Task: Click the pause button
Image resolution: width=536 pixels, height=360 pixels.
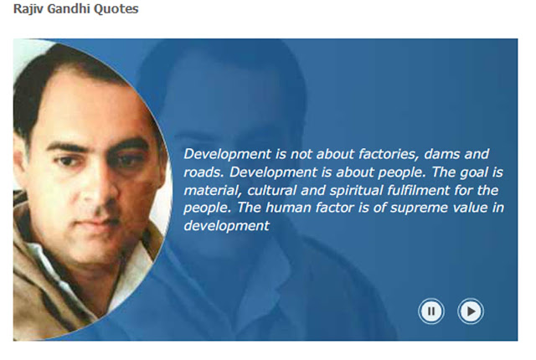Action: tap(431, 311)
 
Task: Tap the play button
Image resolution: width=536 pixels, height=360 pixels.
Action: tap(471, 311)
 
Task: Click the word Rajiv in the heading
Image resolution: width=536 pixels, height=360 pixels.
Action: tap(28, 9)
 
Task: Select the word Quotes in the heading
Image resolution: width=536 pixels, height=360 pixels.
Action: tap(116, 9)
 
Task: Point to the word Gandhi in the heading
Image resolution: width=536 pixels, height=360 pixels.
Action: tap(69, 8)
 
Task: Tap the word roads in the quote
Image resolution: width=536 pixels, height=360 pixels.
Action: tap(204, 172)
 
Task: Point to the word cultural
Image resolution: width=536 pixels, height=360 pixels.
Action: tap(271, 190)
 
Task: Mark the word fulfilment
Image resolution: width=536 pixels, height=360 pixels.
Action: tap(419, 190)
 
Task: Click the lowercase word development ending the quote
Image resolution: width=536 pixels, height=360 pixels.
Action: tap(226, 226)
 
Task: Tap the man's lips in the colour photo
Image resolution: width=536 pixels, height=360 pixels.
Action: tap(94, 223)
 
